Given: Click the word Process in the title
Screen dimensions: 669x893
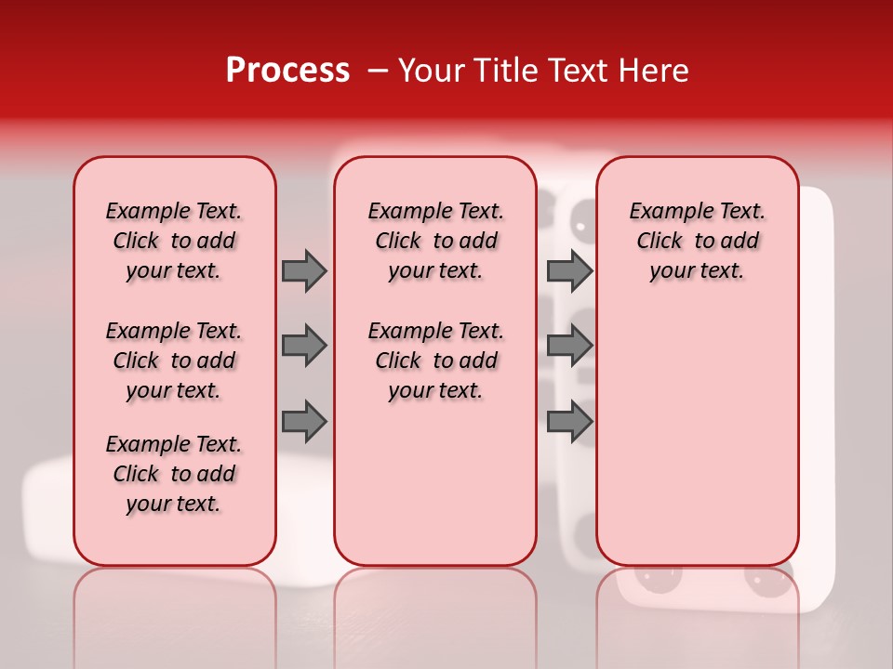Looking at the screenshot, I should [287, 71].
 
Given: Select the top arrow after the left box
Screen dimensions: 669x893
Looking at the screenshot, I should [304, 270].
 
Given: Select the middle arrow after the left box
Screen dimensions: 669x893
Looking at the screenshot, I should [304, 346].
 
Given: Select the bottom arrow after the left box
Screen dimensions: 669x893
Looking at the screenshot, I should [304, 422].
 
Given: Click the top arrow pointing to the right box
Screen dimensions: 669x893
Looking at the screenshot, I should [569, 270].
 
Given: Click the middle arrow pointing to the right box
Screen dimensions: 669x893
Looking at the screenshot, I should [569, 346].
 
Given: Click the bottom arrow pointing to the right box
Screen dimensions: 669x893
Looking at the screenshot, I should [569, 422].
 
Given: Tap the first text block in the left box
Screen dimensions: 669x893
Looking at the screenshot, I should [174, 241].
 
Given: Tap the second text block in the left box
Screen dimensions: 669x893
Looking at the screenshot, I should [174, 361].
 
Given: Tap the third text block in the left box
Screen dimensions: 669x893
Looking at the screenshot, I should [174, 474].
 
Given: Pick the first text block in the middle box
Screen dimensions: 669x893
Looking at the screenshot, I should [436, 241].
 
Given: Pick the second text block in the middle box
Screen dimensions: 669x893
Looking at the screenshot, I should [436, 361].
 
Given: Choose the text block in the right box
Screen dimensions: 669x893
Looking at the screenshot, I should [698, 241].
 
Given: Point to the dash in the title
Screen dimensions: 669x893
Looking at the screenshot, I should [378, 72].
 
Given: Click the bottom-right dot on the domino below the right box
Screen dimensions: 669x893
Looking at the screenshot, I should [766, 583].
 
